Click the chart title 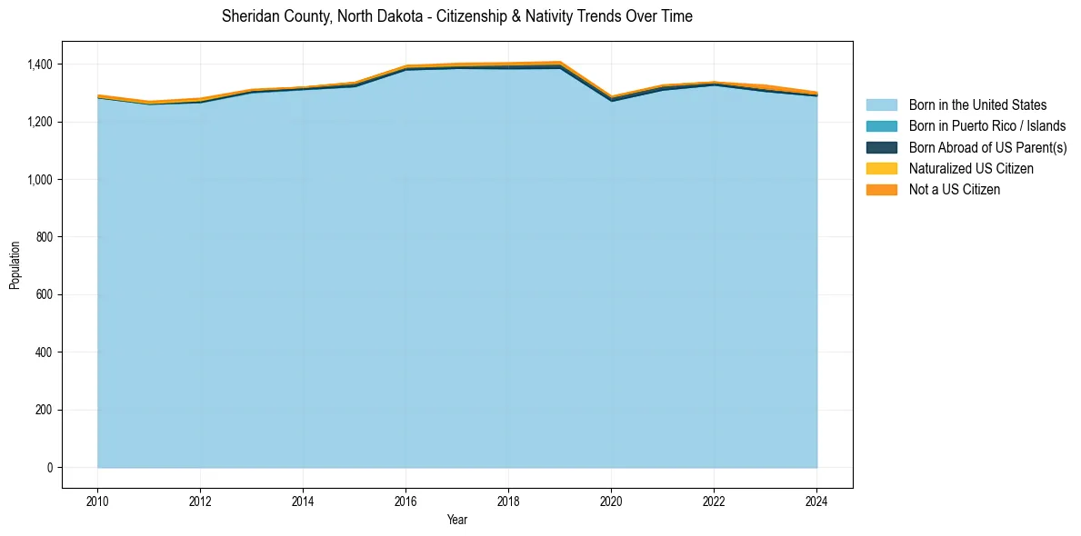[456, 16]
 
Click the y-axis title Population [15, 265]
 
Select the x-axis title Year [457, 520]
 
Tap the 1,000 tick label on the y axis [44, 180]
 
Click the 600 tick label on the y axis [48, 294]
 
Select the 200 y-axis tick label [48, 410]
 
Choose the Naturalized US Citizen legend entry [971, 168]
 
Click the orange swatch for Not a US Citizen [881, 189]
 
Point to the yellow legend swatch [881, 168]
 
